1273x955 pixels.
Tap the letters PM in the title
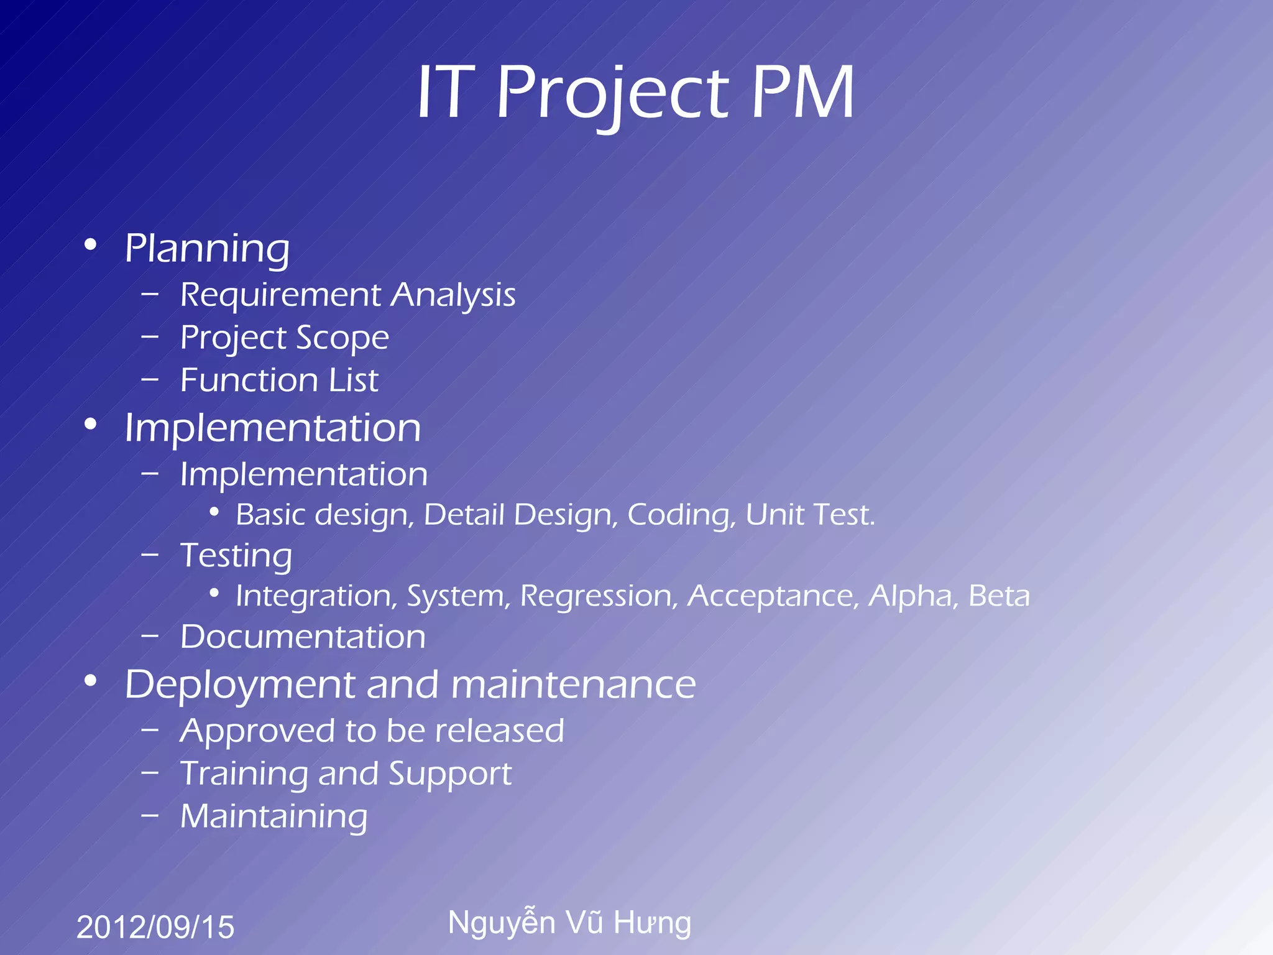[x=803, y=93]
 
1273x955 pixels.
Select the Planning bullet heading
[x=207, y=249]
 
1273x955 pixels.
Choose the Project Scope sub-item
[x=284, y=338]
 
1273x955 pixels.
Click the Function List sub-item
[x=279, y=381]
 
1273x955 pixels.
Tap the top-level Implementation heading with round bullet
[x=272, y=428]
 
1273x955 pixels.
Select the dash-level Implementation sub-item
[x=303, y=475]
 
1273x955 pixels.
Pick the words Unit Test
[x=809, y=515]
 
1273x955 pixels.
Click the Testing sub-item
[x=236, y=556]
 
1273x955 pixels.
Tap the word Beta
[x=998, y=596]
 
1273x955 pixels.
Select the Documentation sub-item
[x=303, y=637]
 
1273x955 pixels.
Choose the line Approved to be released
[x=372, y=731]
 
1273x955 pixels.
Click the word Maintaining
[x=273, y=817]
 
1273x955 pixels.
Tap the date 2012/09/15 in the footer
[x=155, y=927]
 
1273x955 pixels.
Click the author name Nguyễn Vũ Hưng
[x=569, y=923]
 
